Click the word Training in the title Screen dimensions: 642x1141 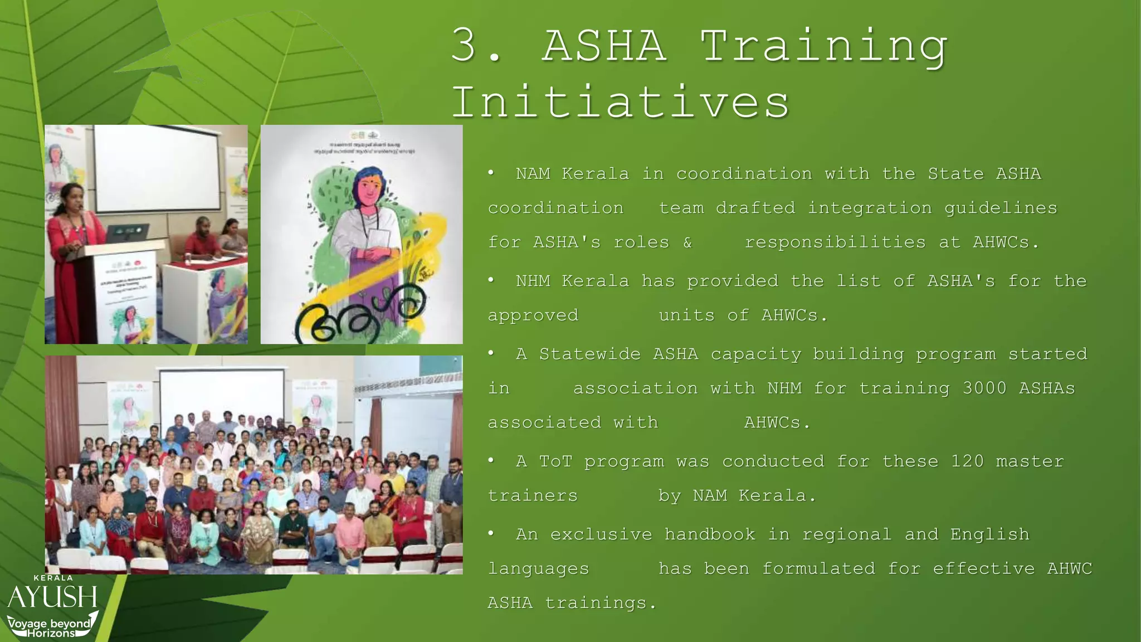(823, 47)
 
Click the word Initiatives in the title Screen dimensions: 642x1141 (620, 103)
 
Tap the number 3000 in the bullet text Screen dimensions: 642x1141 (984, 388)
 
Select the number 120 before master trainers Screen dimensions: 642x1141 (967, 461)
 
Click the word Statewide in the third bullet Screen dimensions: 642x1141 (589, 354)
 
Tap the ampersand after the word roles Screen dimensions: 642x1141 (687, 242)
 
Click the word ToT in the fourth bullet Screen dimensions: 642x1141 (555, 461)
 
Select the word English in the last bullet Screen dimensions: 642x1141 (989, 534)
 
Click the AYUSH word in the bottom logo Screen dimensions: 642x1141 (52, 597)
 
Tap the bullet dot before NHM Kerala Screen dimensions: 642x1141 (491, 280)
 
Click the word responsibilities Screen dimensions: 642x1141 (835, 242)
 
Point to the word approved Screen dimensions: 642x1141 (533, 315)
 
